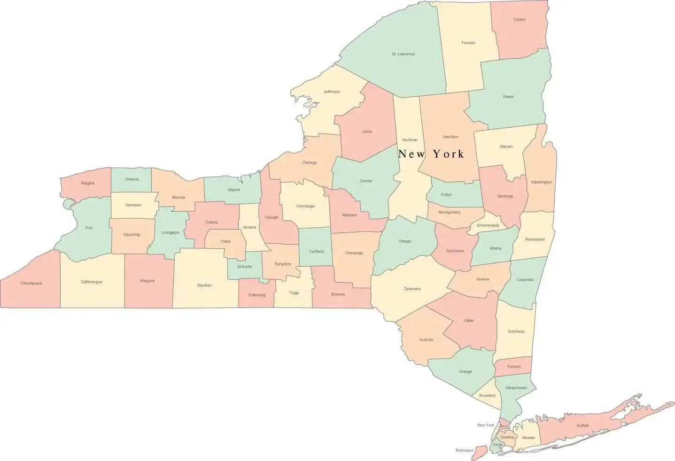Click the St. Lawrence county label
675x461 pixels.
(403, 54)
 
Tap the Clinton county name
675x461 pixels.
(519, 20)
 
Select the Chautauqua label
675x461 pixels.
(31, 283)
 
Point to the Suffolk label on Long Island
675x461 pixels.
(582, 425)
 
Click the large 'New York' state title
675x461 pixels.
(431, 154)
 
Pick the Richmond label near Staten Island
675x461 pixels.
(464, 451)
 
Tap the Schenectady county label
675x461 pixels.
(488, 225)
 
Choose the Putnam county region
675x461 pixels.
(513, 367)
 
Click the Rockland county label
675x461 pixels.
(487, 395)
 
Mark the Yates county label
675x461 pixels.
(225, 241)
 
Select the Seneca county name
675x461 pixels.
(249, 227)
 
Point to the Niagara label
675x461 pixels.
(87, 183)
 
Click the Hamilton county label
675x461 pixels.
(450, 137)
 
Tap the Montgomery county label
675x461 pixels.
(449, 212)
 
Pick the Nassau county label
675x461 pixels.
(528, 438)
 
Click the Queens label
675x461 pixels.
(507, 437)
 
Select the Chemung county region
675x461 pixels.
(256, 295)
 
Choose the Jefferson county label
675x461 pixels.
(331, 92)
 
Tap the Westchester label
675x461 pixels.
(516, 388)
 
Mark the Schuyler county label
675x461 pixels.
(244, 267)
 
